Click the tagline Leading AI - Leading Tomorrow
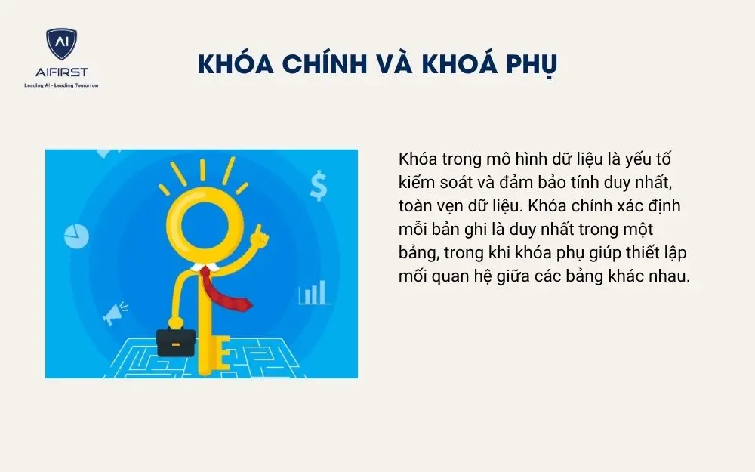tap(61, 85)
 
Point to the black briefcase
tap(175, 342)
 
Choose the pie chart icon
tap(77, 236)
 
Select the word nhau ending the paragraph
tap(670, 276)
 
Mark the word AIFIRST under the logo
tap(61, 72)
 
